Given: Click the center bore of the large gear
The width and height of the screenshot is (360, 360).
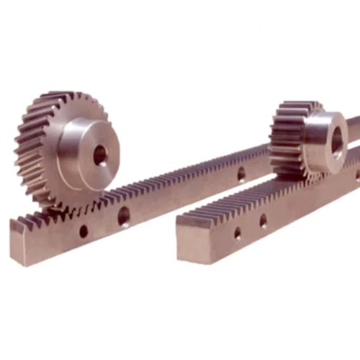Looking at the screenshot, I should point(99,153).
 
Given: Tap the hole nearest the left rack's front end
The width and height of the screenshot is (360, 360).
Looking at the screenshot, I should point(84,231).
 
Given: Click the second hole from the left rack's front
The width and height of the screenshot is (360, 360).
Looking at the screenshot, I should point(124,214).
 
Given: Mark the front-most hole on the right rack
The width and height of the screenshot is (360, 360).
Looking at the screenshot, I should point(238,233).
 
